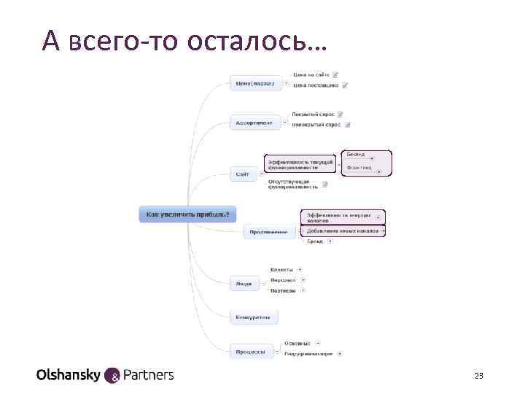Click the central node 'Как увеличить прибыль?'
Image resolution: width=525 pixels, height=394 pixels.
[187, 214]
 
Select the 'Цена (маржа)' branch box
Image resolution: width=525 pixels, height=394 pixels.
[255, 83]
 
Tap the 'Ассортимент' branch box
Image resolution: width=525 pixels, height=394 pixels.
[255, 123]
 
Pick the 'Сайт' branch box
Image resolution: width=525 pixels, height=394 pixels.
[243, 174]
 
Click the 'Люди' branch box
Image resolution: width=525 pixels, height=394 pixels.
[244, 283]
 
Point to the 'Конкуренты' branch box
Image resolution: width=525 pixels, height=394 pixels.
[254, 317]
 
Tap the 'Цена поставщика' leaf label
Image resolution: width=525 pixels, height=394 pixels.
[315, 85]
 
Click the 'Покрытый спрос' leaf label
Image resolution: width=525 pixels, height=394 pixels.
[312, 114]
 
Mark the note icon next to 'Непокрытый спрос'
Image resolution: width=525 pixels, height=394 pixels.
[348, 125]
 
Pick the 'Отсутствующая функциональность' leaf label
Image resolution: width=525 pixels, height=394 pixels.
[294, 184]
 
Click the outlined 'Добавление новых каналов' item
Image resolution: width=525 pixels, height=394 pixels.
[342, 231]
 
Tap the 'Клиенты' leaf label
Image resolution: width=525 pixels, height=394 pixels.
[281, 269]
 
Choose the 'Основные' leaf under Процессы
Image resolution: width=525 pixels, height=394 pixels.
[297, 343]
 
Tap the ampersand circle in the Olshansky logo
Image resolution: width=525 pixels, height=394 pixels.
[114, 376]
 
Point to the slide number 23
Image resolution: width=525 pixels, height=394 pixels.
[479, 376]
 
